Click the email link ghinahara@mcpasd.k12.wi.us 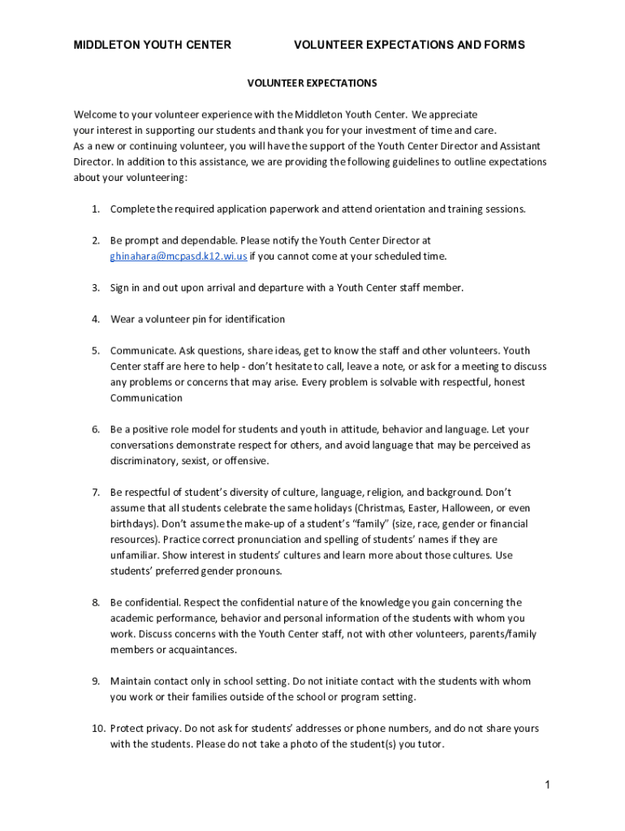point(179,256)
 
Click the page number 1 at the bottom point(548,785)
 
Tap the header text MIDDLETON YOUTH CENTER point(153,45)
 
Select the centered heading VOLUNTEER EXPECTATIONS point(312,84)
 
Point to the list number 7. point(95,493)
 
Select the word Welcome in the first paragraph point(96,114)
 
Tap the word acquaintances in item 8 point(198,650)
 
